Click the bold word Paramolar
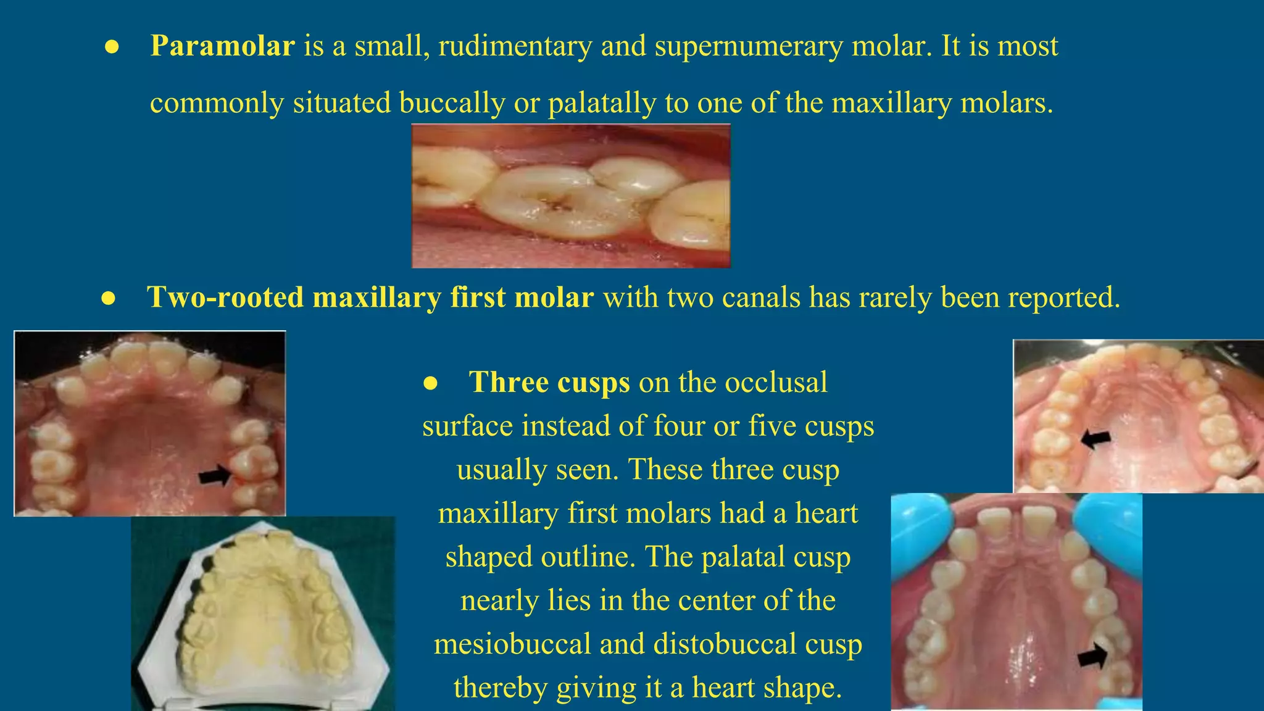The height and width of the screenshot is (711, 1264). tap(222, 46)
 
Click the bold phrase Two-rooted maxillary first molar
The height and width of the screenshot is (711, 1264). tap(370, 297)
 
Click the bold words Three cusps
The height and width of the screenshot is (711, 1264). tap(549, 383)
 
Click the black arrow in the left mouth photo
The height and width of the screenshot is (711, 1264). tap(214, 476)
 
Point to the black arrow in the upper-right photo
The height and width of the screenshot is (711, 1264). tap(1096, 439)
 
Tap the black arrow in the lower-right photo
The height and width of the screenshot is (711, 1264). tap(1092, 656)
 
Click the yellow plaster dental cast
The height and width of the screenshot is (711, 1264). tap(262, 617)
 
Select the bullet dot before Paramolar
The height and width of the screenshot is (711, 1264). tap(112, 48)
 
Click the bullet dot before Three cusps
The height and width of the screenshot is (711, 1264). tap(430, 384)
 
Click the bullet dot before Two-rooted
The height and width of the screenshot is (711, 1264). tap(109, 299)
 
